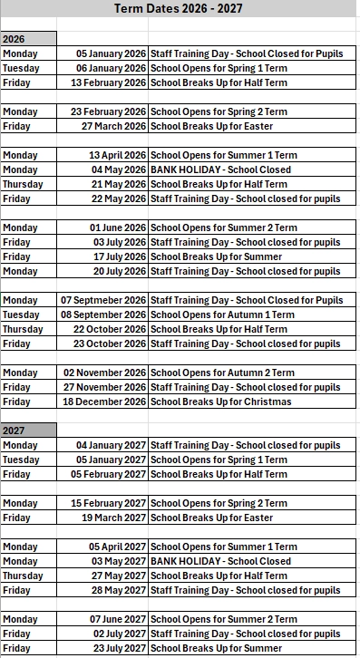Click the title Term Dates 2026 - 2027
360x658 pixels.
pyautogui.click(x=180, y=9)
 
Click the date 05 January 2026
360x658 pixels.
pyautogui.click(x=111, y=53)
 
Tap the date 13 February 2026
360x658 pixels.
pyautogui.click(x=109, y=82)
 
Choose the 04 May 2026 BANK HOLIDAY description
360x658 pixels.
pyautogui.click(x=220, y=169)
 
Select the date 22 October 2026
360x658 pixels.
pyautogui.click(x=110, y=329)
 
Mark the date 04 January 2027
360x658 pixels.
pyautogui.click(x=111, y=445)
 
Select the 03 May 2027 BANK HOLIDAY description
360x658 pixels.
pyautogui.click(x=220, y=561)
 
